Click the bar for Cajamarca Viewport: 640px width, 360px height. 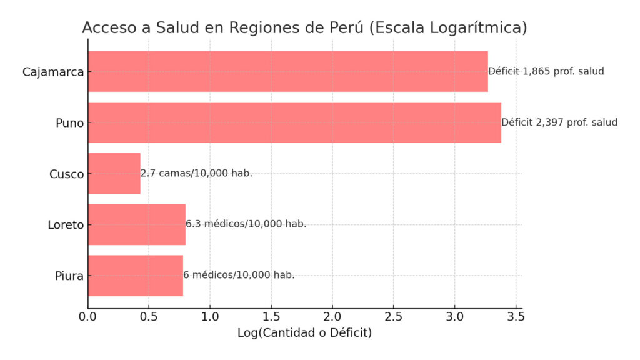point(287,71)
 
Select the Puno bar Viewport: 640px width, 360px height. point(294,122)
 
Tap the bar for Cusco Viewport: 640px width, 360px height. point(114,174)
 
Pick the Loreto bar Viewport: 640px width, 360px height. point(137,224)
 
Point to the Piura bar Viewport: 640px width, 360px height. point(136,276)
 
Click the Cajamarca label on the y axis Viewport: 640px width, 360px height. point(53,72)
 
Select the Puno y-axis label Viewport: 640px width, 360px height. point(69,123)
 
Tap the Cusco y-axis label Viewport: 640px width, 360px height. point(66,174)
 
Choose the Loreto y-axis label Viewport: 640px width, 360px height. point(66,225)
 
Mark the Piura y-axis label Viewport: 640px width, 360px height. point(69,276)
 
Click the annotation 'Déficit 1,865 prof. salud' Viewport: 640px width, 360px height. point(546,71)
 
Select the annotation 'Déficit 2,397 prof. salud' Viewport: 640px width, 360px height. point(559,122)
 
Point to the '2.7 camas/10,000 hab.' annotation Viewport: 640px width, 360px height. point(196,173)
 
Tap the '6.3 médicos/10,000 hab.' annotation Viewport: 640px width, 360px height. point(246,224)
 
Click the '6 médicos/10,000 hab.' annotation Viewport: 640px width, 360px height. point(239,275)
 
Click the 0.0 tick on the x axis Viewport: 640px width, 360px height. point(88,317)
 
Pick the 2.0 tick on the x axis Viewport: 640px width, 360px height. point(332,317)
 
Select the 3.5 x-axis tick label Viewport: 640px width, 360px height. point(516,317)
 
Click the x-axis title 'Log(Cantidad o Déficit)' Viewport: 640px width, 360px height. point(304,333)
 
